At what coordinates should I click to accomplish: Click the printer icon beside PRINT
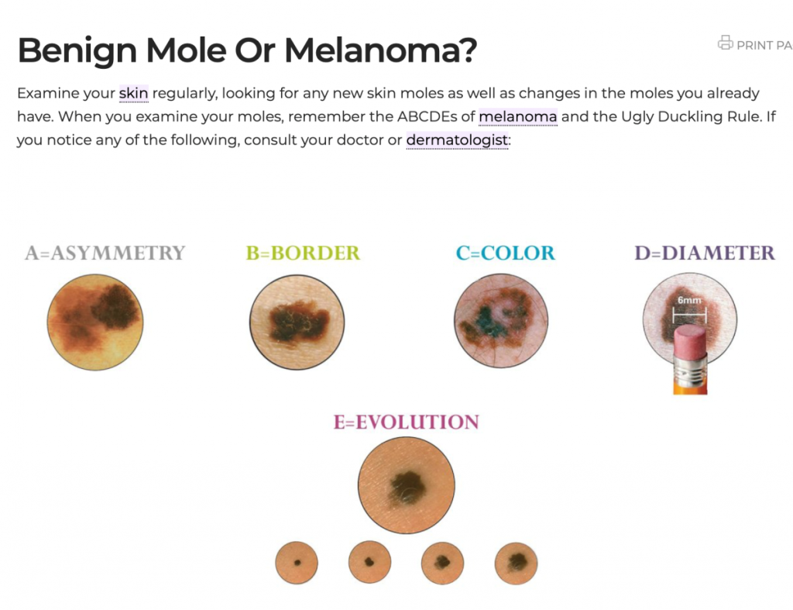click(725, 43)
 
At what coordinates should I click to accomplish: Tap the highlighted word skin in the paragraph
click(133, 94)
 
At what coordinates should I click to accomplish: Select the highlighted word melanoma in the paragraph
click(518, 117)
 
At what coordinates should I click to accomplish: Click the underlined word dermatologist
click(457, 140)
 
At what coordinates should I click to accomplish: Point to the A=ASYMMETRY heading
click(105, 253)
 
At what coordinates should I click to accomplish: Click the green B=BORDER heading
click(303, 253)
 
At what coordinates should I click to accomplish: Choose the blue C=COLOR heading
click(505, 253)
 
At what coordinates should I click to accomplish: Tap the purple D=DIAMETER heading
click(705, 253)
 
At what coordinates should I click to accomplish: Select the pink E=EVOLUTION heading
click(406, 422)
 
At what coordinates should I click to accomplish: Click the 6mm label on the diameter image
click(689, 300)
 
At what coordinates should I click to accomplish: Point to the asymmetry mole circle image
click(95, 322)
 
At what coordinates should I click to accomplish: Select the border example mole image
click(297, 322)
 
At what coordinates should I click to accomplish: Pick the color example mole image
click(501, 320)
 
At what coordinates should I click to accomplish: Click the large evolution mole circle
click(406, 485)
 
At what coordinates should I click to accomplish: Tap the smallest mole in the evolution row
click(297, 563)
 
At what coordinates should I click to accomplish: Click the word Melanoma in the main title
click(381, 50)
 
